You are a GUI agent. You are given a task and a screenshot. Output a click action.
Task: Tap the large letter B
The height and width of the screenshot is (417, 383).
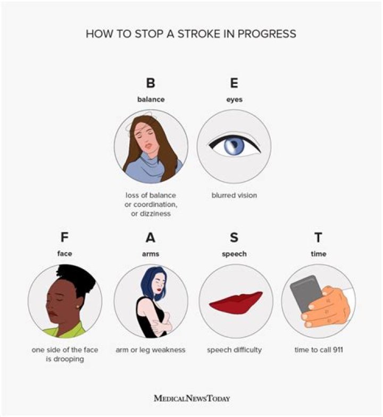coord(151,84)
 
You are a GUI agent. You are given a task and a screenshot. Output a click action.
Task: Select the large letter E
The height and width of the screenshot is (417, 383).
coord(234,84)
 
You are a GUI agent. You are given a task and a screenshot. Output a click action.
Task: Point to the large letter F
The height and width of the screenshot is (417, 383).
coord(65,238)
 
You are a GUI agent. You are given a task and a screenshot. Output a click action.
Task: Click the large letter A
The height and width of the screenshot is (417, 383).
coord(151,238)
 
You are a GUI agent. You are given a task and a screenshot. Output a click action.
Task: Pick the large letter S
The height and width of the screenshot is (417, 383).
coord(234,238)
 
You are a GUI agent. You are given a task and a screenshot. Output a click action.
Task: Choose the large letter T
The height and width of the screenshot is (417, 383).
coord(318,238)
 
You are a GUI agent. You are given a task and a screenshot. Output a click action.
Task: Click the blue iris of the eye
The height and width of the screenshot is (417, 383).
coord(232,146)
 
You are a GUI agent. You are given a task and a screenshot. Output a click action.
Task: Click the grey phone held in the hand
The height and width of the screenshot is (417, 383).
coord(307,292)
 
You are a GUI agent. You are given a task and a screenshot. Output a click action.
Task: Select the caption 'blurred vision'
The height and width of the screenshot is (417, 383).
coord(234,195)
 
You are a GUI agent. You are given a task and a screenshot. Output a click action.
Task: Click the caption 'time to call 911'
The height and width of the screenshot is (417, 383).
coord(318,350)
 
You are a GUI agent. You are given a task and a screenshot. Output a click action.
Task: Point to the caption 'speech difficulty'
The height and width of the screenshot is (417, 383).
coord(234,350)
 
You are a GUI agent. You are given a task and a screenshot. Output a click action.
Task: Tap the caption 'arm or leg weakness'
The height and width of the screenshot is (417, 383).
coord(151,350)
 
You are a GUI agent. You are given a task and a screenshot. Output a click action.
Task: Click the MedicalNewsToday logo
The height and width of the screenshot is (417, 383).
coord(191,397)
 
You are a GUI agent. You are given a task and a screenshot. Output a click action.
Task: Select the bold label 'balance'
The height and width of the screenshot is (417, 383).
coord(151,99)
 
